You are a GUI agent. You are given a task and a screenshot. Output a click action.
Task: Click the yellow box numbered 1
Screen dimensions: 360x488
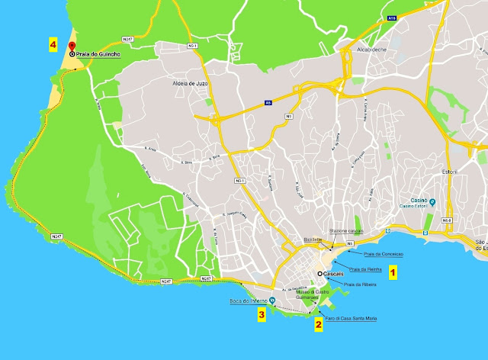point(393,271)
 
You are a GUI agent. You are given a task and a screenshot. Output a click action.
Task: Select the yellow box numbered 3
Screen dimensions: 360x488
point(262,313)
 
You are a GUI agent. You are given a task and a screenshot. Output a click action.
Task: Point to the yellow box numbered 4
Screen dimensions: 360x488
point(53,44)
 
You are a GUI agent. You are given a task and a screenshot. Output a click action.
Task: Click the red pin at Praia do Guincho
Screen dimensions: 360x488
point(72,47)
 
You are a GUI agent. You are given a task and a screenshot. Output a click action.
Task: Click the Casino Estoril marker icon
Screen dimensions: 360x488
point(432,203)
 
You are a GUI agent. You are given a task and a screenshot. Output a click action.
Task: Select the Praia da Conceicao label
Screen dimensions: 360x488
point(384,253)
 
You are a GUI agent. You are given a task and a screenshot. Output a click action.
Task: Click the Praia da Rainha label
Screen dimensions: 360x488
point(364,269)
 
